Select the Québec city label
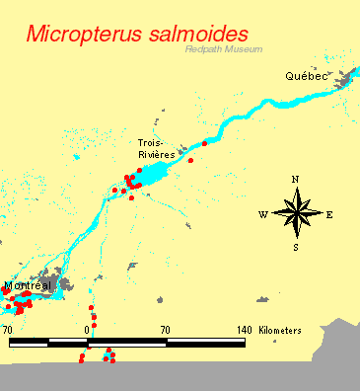pyautogui.click(x=305, y=76)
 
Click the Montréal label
pyautogui.click(x=27, y=286)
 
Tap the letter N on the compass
pyautogui.click(x=295, y=179)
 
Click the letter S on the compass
pyautogui.click(x=295, y=247)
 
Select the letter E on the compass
pyautogui.click(x=328, y=214)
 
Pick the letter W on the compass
pyautogui.click(x=263, y=214)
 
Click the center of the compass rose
pyautogui.click(x=296, y=212)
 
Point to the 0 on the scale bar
pyautogui.click(x=88, y=329)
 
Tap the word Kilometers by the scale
pyautogui.click(x=280, y=329)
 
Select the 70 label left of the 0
pyautogui.click(x=8, y=329)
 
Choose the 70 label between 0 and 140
pyautogui.click(x=165, y=329)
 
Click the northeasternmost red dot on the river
pyautogui.click(x=205, y=144)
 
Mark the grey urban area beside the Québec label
pyautogui.click(x=342, y=79)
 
